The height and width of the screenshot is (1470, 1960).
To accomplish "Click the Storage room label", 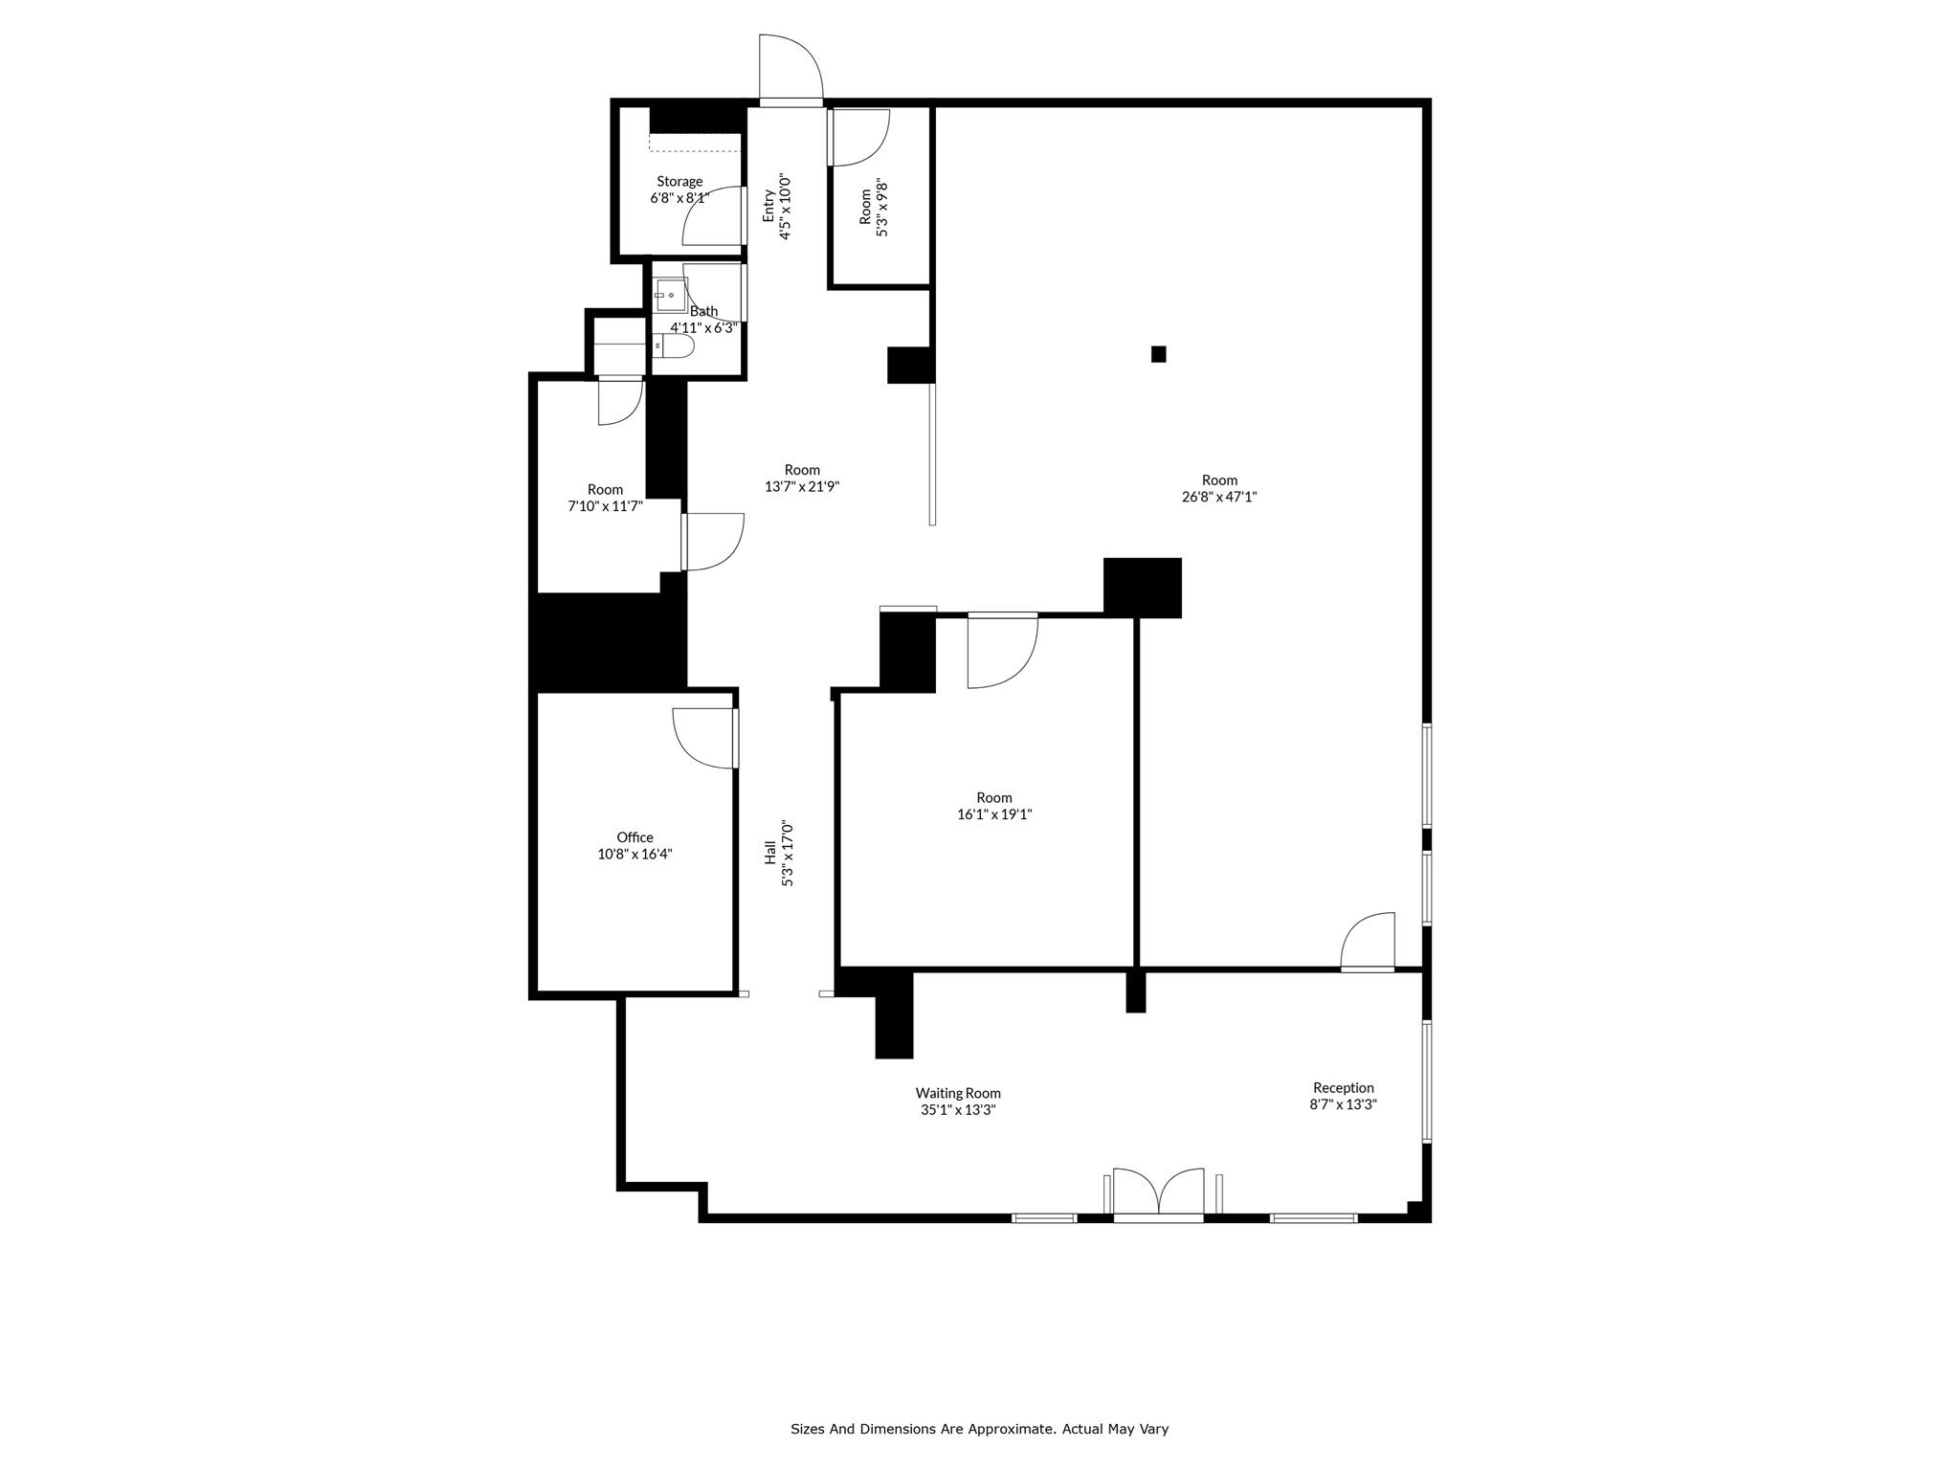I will click(679, 182).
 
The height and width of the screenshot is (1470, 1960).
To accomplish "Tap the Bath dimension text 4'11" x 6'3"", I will click(703, 327).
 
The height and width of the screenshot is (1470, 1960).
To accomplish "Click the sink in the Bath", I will click(670, 295).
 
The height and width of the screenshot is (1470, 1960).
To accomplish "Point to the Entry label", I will click(768, 206).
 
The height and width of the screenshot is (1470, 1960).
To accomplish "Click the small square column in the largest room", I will click(1158, 354).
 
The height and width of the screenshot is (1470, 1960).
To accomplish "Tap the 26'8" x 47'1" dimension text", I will click(1219, 497).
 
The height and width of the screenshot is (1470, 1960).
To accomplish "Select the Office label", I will click(635, 837).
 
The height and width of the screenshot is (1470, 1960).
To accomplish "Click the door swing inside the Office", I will click(703, 737).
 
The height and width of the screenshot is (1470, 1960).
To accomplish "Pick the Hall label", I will click(769, 854).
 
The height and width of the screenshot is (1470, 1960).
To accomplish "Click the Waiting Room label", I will click(958, 1093).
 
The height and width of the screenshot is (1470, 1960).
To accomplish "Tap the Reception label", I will click(1343, 1087).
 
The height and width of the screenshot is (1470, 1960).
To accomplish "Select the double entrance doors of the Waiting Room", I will click(1158, 1194).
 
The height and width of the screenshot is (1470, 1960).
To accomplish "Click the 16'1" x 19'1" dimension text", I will click(994, 814).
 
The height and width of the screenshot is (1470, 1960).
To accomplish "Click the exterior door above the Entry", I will click(791, 69).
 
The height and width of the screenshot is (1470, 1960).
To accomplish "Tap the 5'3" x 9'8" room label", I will click(865, 206).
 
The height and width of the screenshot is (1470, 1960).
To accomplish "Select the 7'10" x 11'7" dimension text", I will click(605, 506).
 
